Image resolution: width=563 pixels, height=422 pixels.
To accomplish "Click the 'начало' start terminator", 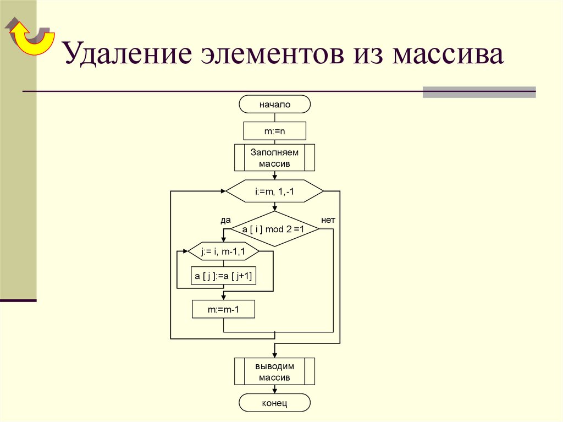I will coord(274,104).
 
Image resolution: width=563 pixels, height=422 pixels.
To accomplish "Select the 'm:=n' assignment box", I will coord(274,131).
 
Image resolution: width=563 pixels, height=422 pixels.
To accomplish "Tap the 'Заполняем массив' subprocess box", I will coord(274,157).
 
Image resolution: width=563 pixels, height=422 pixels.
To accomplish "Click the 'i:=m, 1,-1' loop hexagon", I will coord(274,191).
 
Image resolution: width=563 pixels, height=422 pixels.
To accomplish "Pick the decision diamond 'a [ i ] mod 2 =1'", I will coord(274,228).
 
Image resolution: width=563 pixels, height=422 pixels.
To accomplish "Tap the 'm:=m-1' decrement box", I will coord(224,310).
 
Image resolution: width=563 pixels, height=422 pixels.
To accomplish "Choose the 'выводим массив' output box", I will coord(274,371).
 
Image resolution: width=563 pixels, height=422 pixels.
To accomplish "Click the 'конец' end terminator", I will coord(274,403).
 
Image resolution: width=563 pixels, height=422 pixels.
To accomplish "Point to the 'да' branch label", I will coord(225,220).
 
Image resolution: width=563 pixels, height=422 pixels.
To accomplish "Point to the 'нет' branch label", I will coord(328,220).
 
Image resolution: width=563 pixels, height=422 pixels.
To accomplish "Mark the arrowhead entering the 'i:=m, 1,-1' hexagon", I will coord(223,191).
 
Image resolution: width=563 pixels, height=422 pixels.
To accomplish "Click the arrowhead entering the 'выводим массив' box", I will coord(274,354).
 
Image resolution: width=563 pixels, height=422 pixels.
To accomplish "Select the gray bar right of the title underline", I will coord(479,92).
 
